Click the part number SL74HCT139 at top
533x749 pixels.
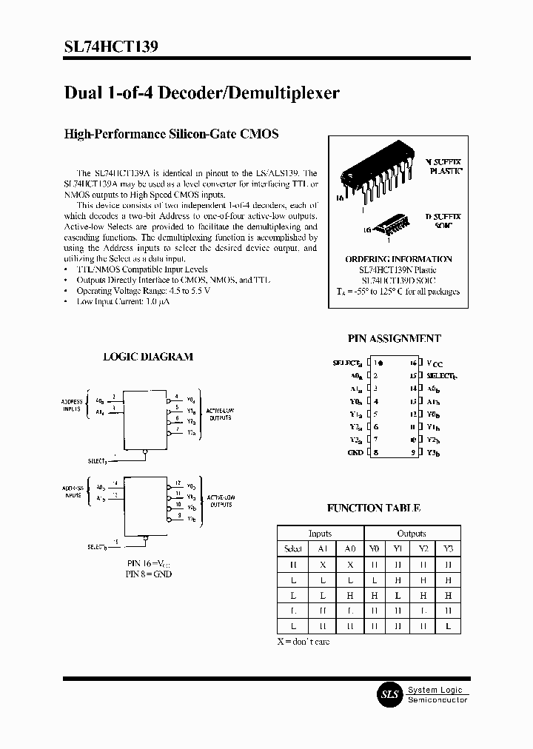click(110, 47)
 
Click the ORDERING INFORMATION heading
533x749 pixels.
click(398, 259)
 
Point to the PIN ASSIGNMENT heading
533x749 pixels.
click(394, 338)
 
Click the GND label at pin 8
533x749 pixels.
click(355, 452)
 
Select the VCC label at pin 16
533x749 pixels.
click(435, 363)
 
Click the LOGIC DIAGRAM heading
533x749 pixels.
click(147, 356)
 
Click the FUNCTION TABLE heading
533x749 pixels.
click(373, 508)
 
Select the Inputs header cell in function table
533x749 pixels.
click(320, 534)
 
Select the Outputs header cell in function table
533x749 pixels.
click(412, 534)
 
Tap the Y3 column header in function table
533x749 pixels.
click(448, 548)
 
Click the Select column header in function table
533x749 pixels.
click(293, 548)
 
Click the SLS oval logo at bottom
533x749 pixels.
click(389, 694)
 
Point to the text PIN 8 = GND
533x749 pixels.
click(148, 574)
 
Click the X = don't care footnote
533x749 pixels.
click(304, 641)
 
